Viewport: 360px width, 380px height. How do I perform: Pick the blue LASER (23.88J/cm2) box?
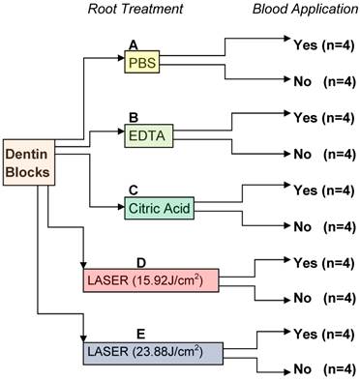click(x=163, y=348)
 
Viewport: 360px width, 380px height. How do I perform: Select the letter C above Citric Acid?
click(x=133, y=190)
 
